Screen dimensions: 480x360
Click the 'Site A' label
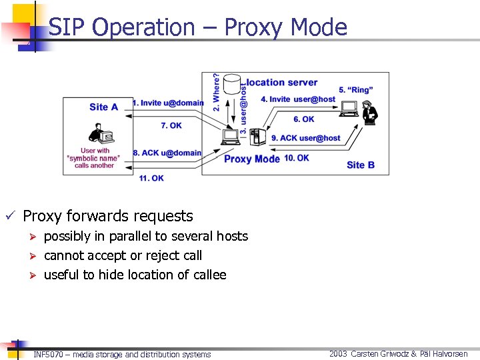(103, 107)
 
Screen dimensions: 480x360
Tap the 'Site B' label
(361, 165)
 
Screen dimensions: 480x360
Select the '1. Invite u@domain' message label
(168, 103)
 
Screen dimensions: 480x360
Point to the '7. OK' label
(171, 125)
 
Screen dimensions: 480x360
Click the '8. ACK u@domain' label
(167, 153)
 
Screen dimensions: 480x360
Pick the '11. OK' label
(151, 178)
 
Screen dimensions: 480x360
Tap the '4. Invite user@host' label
(298, 99)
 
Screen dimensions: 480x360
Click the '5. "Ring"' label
(355, 89)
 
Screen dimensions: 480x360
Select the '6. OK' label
(303, 119)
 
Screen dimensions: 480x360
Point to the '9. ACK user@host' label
(306, 138)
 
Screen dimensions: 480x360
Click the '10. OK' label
(296, 158)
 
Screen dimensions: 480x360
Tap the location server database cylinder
(232, 85)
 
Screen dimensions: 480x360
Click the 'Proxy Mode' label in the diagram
(252, 159)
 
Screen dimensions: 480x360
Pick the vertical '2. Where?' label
(217, 91)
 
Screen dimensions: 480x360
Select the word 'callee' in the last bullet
(209, 275)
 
